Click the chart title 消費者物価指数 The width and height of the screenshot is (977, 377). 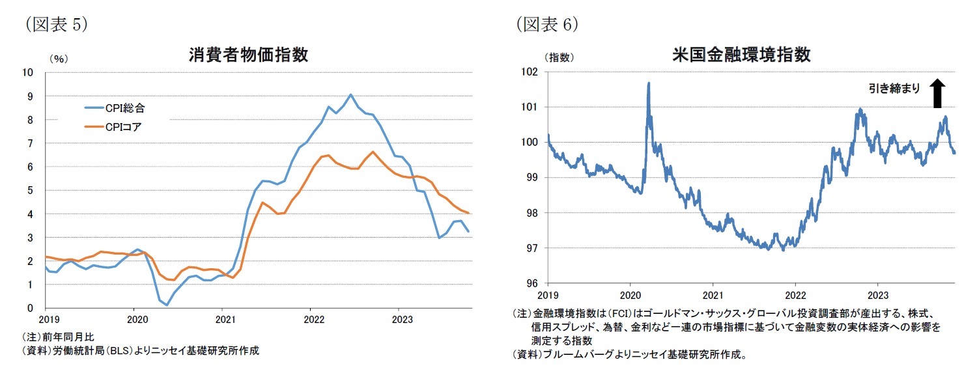[x=248, y=55]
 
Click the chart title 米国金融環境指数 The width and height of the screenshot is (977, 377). [x=741, y=55]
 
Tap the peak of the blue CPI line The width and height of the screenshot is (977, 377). [x=351, y=94]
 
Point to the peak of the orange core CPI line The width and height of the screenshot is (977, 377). [x=373, y=152]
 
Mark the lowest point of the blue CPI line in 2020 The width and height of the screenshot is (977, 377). [x=167, y=305]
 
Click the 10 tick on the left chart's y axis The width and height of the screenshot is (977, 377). [x=29, y=72]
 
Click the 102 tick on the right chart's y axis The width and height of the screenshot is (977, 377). [x=530, y=72]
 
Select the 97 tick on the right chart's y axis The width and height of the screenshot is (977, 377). [x=532, y=248]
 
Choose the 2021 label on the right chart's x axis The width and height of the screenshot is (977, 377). [x=713, y=294]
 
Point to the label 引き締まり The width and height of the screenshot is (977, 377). [x=894, y=89]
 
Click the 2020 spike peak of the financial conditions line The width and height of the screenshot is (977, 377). [x=649, y=83]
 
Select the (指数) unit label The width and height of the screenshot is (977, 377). [x=559, y=57]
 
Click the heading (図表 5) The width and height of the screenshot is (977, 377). [x=55, y=24]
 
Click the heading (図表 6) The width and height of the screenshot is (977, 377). [x=547, y=24]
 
